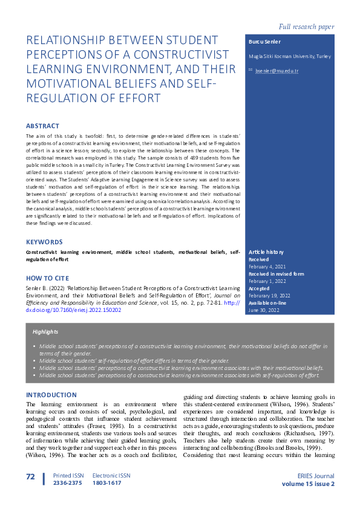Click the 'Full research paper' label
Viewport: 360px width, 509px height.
306,27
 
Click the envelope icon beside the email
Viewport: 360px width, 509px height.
251,71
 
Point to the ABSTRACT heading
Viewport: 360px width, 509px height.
42,126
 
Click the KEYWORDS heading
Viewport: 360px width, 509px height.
44,242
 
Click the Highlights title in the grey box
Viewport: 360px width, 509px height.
47,332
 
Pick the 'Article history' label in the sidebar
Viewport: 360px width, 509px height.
267,252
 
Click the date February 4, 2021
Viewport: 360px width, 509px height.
268,267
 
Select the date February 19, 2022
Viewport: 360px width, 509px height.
270,296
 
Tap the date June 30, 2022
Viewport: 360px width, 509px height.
264,310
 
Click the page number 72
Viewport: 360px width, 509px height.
31,477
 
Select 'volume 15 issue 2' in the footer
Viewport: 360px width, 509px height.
308,484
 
